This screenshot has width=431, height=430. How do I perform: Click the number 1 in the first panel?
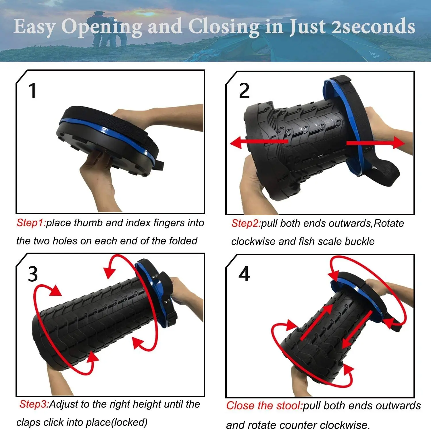pos(33,91)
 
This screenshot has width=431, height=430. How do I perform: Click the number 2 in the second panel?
pos(244,91)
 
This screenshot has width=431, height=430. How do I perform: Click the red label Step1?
pos(31,223)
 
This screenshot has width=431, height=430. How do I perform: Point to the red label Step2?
pos(246,223)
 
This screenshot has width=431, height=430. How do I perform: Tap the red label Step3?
pos(34,404)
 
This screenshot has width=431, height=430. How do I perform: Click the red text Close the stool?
pos(264,406)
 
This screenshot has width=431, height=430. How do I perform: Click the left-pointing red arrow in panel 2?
pos(259,142)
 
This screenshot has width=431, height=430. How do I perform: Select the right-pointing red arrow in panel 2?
pos(376,143)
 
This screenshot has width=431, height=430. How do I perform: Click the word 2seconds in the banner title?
pos(373,26)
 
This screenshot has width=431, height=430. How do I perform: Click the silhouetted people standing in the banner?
pos(106,29)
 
